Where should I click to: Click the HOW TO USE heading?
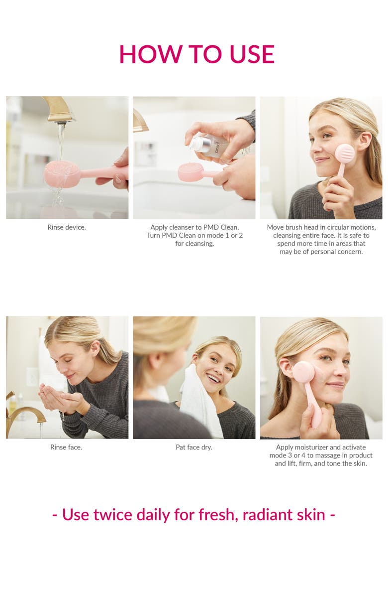pos(196,54)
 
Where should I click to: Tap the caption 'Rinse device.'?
pos(67,228)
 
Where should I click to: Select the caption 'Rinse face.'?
pos(66,447)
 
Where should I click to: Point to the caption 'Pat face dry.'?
pos(194,447)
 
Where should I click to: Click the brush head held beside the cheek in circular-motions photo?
pos(344,153)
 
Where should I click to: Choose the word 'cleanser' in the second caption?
pos(190,228)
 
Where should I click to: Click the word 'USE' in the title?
pos(252,54)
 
